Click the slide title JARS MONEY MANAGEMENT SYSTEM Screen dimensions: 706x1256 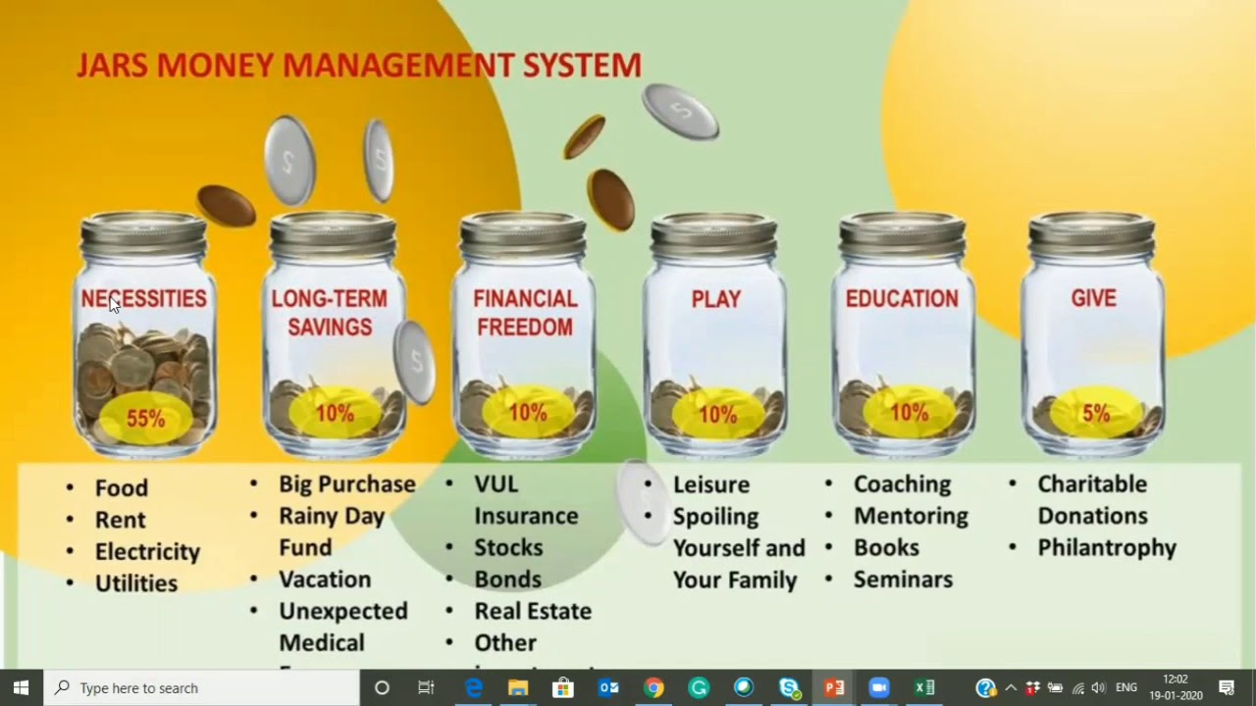(359, 66)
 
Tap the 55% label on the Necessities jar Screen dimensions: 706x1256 (145, 419)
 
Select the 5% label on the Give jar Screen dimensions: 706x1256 (1095, 414)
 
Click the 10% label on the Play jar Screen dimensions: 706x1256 (717, 415)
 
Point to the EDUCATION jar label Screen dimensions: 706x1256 (902, 299)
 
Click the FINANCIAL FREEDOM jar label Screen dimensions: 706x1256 (525, 313)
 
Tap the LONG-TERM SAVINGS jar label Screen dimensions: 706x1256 (330, 313)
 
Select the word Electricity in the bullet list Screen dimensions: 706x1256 (147, 552)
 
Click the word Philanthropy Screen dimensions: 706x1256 (1107, 547)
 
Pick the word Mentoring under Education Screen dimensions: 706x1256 (911, 516)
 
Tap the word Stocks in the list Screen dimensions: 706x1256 (508, 547)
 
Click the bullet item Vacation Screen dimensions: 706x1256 (325, 580)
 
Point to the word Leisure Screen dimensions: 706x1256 (710, 484)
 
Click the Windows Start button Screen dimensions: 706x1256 (22, 687)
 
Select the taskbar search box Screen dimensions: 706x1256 (202, 687)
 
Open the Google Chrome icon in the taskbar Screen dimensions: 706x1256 (654, 687)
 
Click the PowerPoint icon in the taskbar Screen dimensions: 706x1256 (834, 687)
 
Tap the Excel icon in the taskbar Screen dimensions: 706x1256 (924, 687)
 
